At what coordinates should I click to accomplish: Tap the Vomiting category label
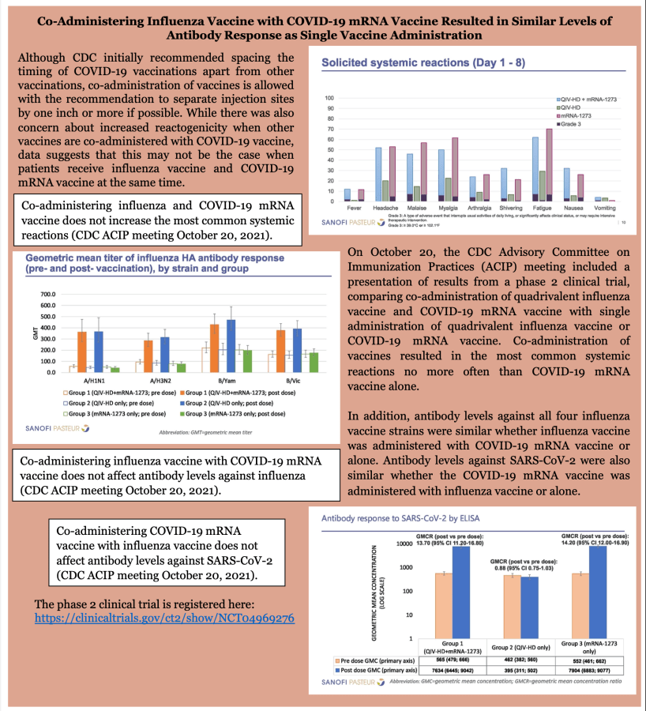point(606,208)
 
